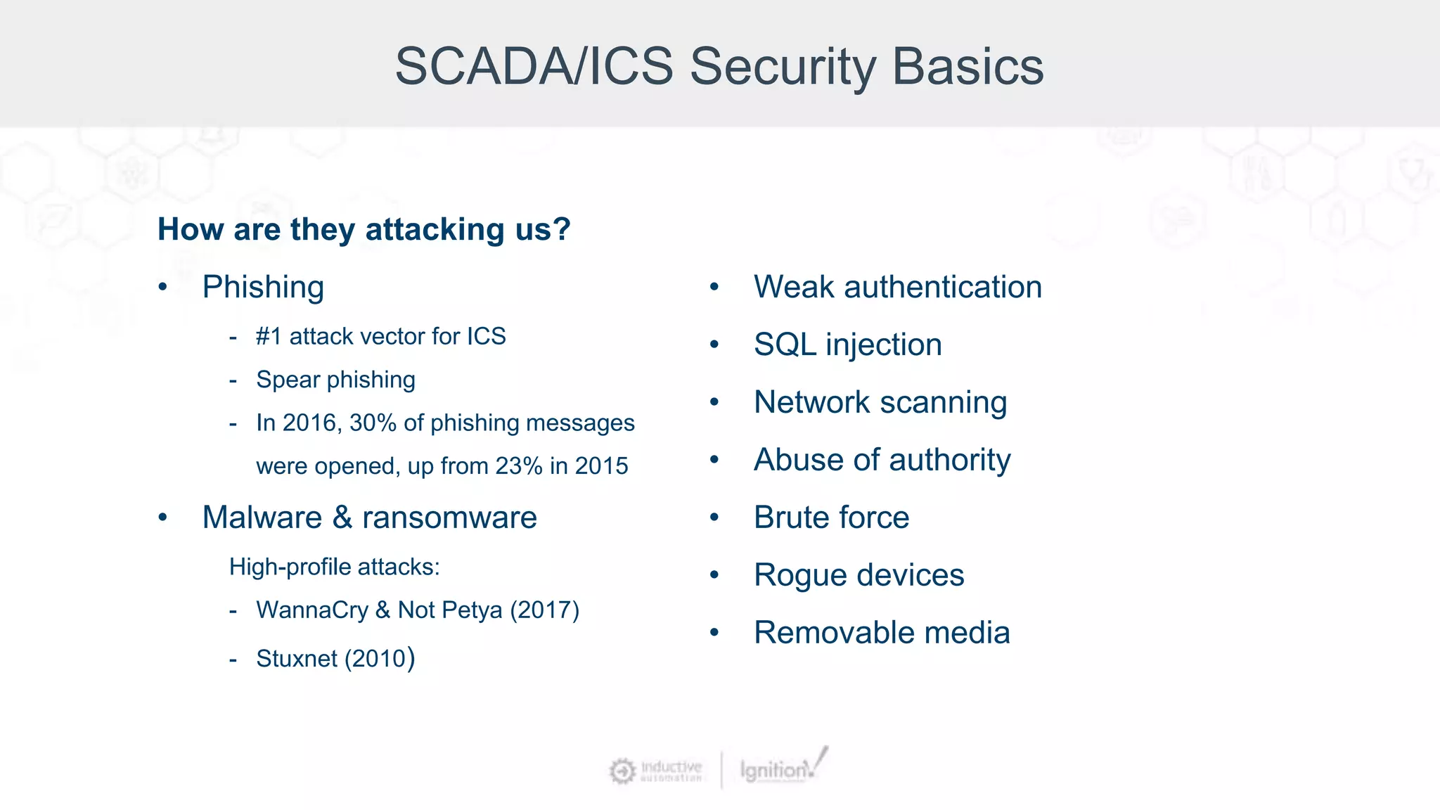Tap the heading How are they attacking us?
[364, 230]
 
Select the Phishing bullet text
[263, 288]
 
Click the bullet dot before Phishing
[163, 288]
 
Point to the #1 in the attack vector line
[269, 337]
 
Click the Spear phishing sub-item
[335, 380]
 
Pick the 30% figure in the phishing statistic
[373, 423]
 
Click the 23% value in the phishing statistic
[519, 466]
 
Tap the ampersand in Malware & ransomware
[342, 518]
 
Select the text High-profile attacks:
[334, 567]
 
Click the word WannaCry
[312, 610]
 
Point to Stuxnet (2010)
[335, 659]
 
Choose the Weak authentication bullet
[897, 288]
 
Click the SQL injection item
[847, 345]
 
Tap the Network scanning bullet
[880, 403]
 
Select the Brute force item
[831, 518]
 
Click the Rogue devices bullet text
[859, 576]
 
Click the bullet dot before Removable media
[714, 634]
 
